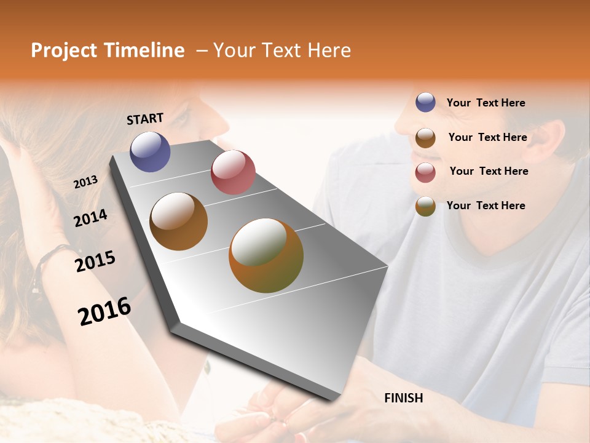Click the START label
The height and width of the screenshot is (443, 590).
[x=145, y=118]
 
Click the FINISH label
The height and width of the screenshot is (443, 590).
[x=403, y=398]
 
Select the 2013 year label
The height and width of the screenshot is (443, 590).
[x=85, y=182]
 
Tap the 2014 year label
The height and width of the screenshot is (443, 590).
[x=90, y=218]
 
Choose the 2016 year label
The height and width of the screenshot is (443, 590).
[x=104, y=311]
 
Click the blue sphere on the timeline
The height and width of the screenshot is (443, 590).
[x=150, y=151]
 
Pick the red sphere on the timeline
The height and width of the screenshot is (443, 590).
[x=233, y=172]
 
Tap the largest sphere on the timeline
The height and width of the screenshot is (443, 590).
[x=266, y=255]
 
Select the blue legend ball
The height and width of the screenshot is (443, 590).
[x=425, y=102]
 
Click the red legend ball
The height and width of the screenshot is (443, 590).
[x=425, y=172]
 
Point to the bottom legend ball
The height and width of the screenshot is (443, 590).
[x=425, y=207]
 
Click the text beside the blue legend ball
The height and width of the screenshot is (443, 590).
[x=486, y=103]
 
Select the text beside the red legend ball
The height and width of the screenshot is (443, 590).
[x=489, y=171]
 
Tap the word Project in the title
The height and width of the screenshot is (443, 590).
[x=64, y=50]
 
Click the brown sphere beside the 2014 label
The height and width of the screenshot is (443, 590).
[x=178, y=221]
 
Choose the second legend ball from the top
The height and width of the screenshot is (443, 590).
[x=425, y=138]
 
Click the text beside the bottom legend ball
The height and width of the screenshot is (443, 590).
[x=486, y=206]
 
